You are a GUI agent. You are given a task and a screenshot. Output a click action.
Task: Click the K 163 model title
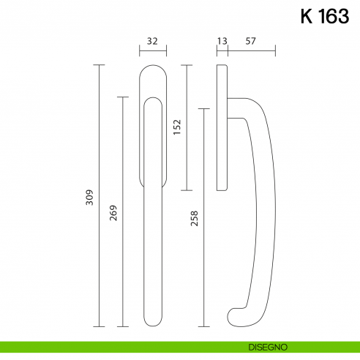(324, 17)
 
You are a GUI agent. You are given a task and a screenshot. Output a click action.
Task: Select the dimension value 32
(153, 42)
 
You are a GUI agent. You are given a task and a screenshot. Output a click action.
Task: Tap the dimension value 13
(222, 42)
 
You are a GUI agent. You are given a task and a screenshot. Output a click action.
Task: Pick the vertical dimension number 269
(113, 212)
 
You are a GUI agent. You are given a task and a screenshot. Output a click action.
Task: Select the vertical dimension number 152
(176, 127)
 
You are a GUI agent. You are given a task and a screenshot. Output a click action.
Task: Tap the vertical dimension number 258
(194, 219)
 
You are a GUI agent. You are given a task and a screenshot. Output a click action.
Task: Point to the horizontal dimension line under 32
(153, 52)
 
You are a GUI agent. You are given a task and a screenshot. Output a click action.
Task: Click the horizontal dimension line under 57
(251, 52)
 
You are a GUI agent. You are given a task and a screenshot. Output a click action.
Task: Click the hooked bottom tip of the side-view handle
(233, 316)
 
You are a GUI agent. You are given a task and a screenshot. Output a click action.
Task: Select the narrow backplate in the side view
(222, 128)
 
